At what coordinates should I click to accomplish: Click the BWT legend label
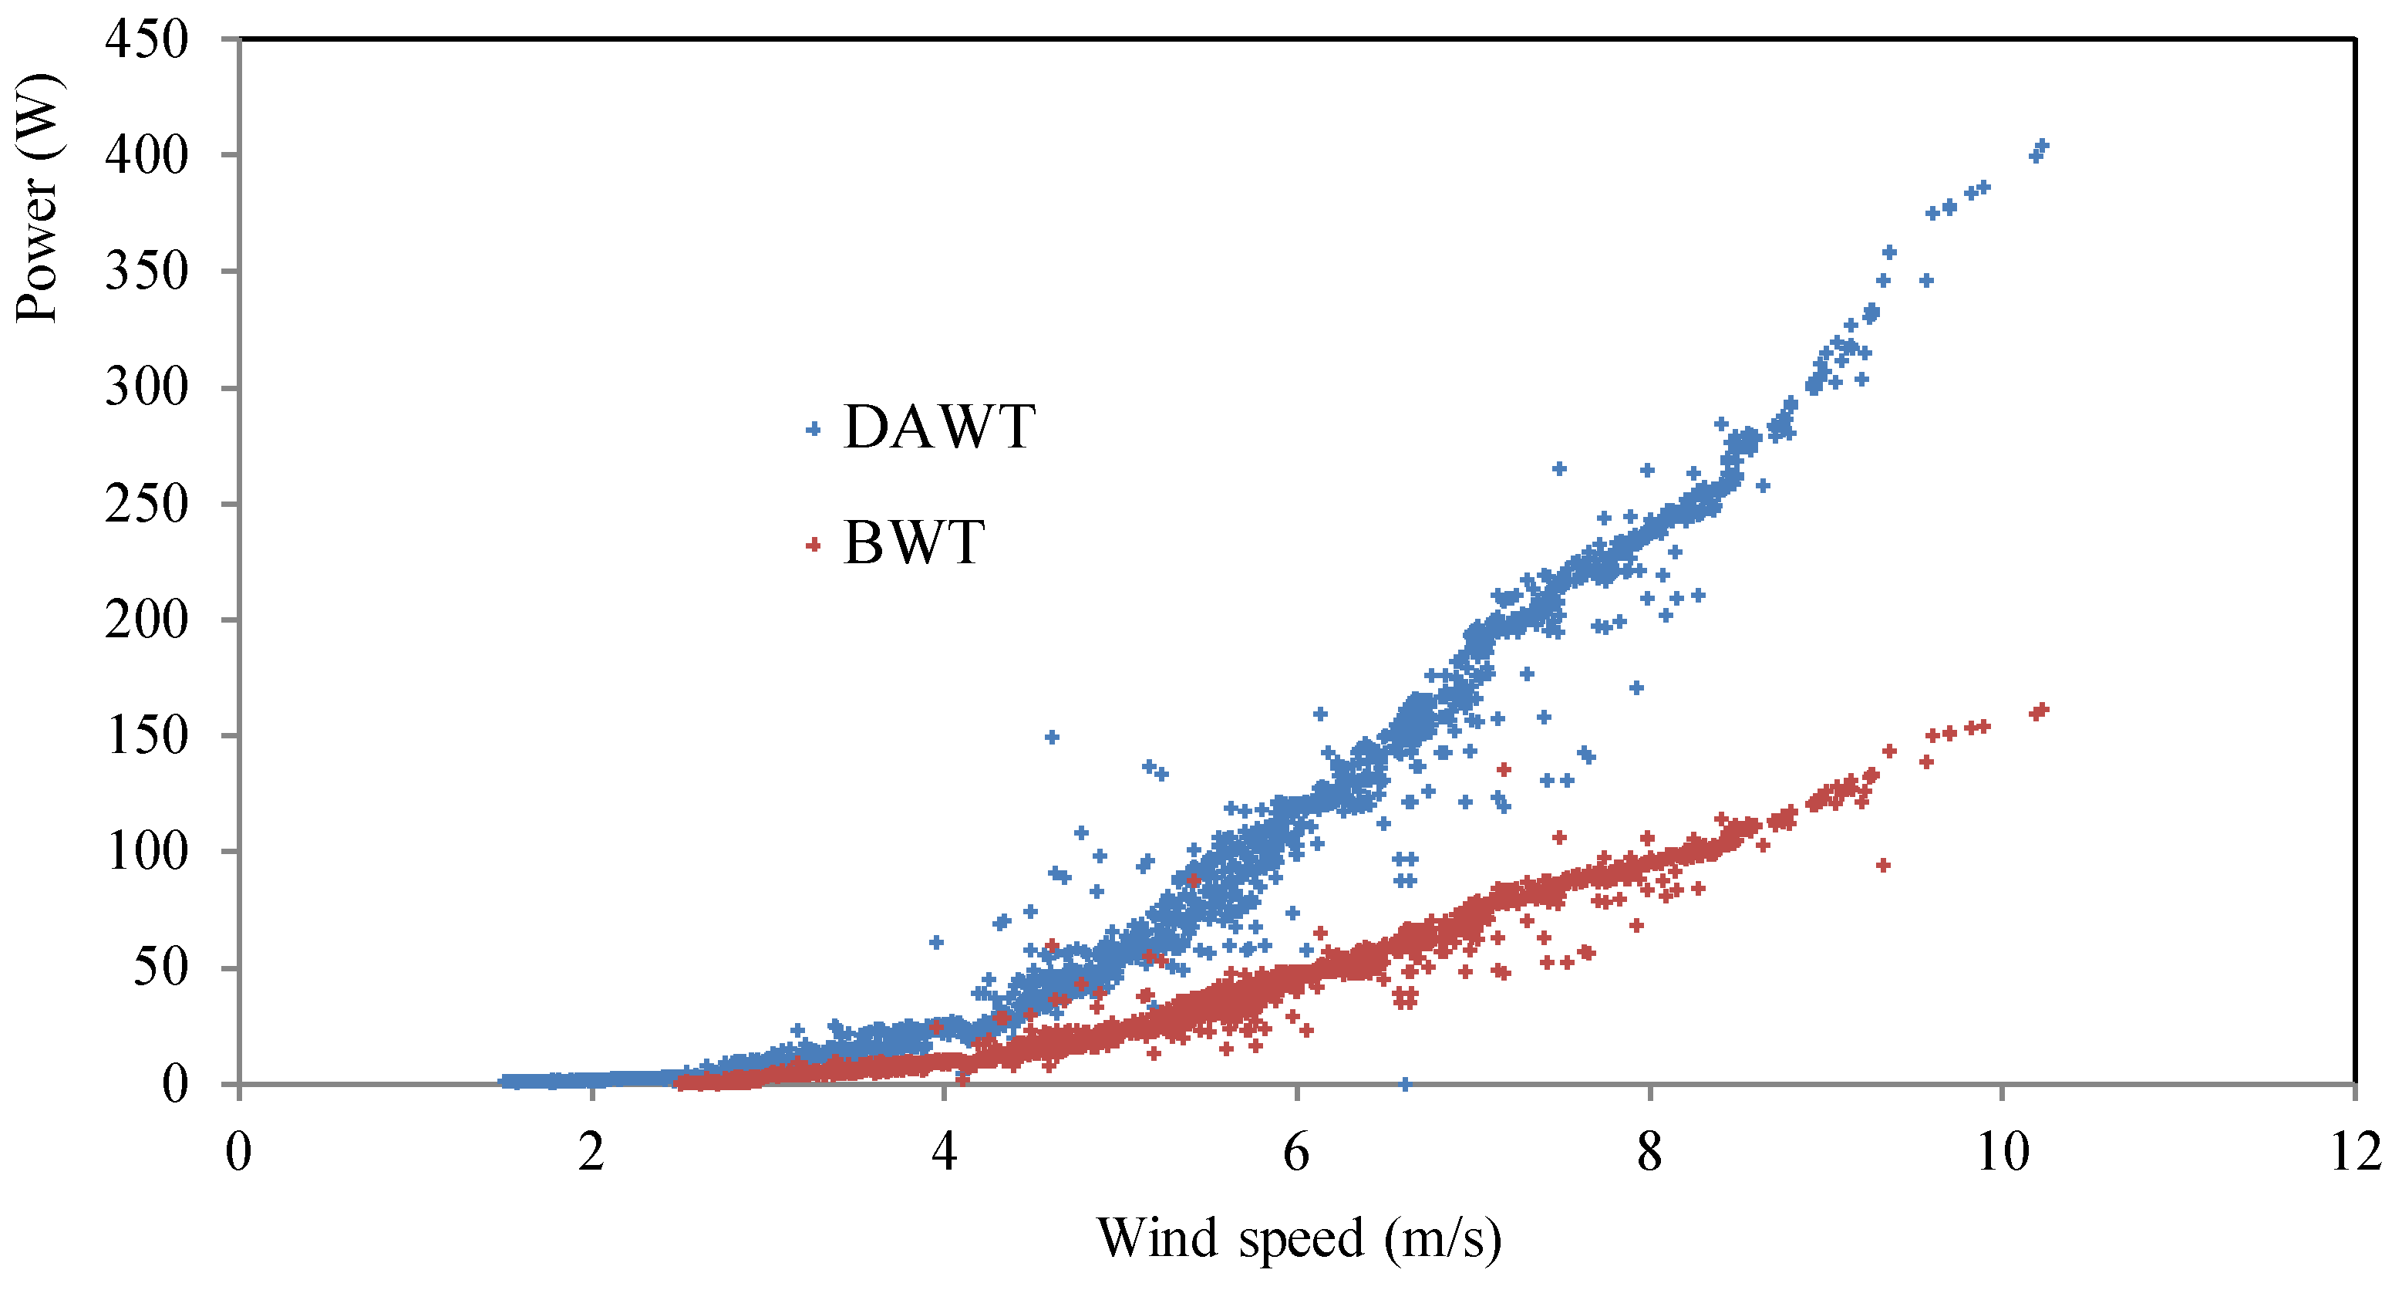(913, 543)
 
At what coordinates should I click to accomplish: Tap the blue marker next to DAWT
(813, 429)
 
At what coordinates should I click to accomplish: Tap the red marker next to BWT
(813, 545)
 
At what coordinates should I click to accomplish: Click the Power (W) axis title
(37, 198)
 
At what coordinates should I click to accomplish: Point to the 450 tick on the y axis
(147, 40)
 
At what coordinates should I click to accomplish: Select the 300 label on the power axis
(147, 387)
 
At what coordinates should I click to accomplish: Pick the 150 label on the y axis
(147, 736)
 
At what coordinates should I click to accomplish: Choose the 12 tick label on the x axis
(2356, 1152)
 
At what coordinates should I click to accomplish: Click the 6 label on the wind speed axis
(1296, 1152)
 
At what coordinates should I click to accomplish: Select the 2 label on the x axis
(591, 1152)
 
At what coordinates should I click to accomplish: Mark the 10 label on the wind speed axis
(2002, 1152)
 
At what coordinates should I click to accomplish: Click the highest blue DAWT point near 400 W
(2041, 147)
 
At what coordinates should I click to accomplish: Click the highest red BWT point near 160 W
(2042, 710)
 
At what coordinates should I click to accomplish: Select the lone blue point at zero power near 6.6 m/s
(1405, 1084)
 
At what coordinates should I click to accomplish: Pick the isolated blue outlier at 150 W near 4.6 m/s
(1052, 737)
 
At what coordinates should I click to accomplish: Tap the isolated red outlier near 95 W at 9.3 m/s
(1882, 866)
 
